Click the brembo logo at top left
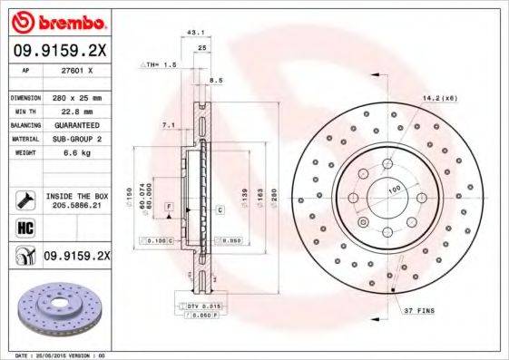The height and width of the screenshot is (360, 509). [x=57, y=20]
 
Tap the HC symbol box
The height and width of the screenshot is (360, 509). [x=25, y=228]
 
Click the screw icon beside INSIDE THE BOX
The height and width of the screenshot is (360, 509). [x=25, y=199]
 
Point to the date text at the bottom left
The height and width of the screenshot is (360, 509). [x=55, y=355]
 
